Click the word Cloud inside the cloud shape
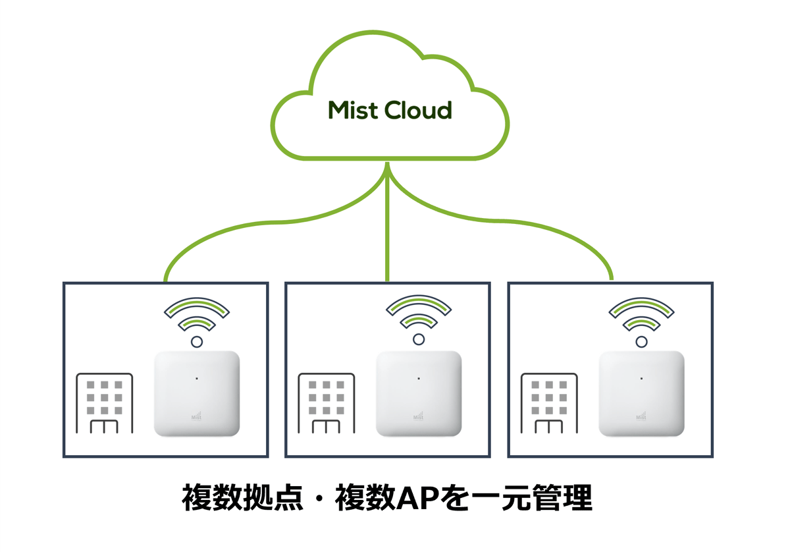pos(419,110)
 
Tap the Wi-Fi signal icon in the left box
pos(196,319)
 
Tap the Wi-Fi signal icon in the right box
pos(641,319)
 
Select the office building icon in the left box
pos(104,403)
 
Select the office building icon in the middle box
pos(327,403)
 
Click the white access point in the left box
pos(196,394)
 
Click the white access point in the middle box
pos(419,394)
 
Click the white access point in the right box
pos(641,394)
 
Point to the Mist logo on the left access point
pos(196,416)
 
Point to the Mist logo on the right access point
pos(641,416)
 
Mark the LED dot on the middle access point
pos(419,378)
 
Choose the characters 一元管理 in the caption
pos(537,499)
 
